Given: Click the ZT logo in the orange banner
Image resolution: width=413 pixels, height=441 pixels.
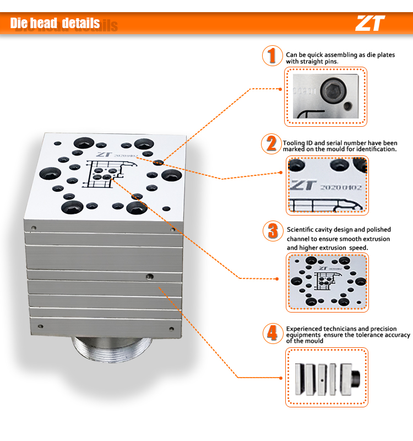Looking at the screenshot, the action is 370,23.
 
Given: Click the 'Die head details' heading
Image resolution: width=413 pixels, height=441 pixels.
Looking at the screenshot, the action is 55,23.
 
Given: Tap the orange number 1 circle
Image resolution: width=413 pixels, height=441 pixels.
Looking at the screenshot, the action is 272,56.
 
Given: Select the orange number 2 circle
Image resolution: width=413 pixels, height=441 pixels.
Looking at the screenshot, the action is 271,144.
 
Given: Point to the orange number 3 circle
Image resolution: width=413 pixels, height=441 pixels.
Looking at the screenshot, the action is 273,231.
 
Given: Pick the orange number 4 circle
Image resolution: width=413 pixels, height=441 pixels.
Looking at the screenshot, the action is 273,334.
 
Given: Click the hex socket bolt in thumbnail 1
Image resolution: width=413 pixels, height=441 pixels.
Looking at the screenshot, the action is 333,90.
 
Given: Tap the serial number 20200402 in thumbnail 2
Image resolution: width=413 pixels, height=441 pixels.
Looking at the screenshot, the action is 341,187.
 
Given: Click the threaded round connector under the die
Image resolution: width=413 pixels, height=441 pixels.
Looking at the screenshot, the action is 112,349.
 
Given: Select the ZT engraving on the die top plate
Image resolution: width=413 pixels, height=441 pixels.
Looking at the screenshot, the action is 104,154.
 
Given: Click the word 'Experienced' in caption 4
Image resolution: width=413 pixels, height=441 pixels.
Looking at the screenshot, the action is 304,329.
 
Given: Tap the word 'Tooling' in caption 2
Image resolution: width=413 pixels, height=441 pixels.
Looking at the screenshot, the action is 294,143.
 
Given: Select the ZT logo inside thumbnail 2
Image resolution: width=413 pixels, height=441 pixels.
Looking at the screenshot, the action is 303,185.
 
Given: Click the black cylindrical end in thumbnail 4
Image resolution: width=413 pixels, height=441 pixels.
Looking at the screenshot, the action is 356,378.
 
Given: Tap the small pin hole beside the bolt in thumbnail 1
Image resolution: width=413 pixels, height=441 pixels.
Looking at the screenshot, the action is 348,106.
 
